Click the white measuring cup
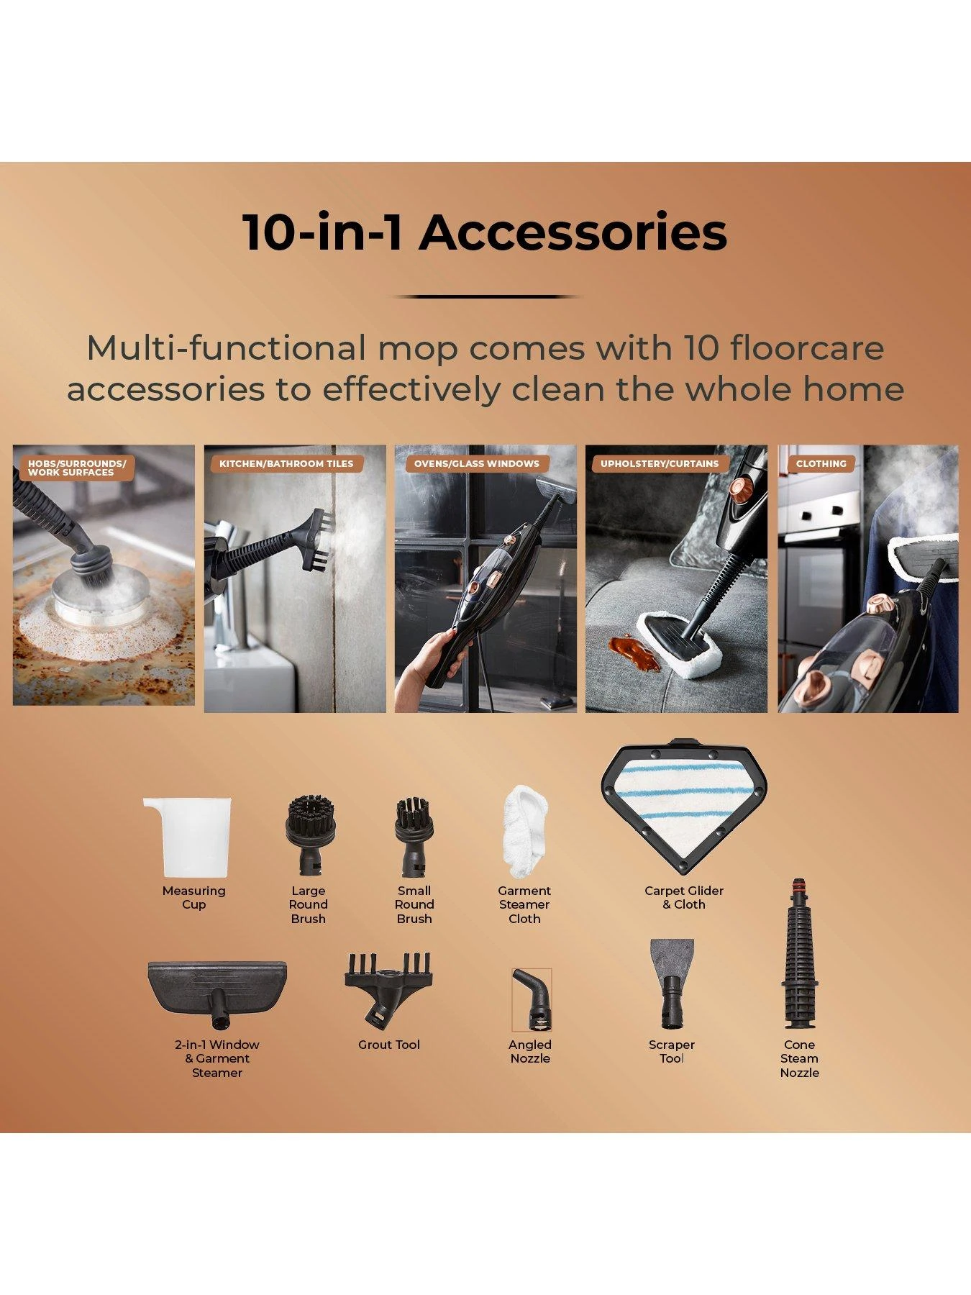tap(188, 837)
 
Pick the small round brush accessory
tap(414, 837)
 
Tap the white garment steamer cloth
tap(524, 832)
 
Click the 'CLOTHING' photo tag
tap(821, 464)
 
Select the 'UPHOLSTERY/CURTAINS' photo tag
tap(659, 464)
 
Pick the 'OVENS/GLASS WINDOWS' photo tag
tap(476, 464)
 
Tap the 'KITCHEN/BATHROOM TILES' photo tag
tap(286, 464)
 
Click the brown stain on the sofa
tap(635, 650)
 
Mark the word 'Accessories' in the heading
tap(573, 232)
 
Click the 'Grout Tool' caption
tap(389, 1045)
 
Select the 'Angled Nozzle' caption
tap(530, 1051)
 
